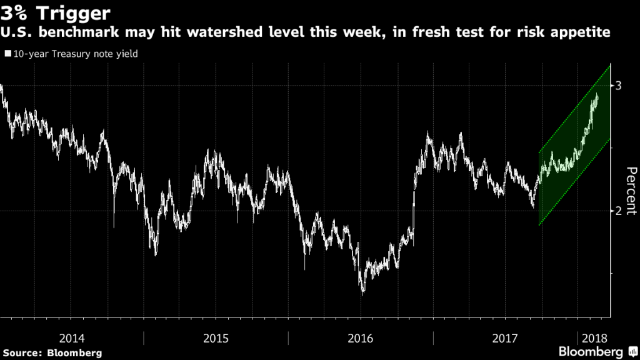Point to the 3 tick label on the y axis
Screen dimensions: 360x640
pos(619,86)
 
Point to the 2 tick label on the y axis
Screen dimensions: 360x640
pos(619,211)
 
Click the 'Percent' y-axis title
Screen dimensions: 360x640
pos(630,191)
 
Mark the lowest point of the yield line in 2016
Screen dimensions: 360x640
pos(362,293)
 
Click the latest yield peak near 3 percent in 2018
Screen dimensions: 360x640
pos(597,94)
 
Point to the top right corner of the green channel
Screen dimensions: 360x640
pos(609,65)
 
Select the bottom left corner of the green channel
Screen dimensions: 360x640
pos(538,225)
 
